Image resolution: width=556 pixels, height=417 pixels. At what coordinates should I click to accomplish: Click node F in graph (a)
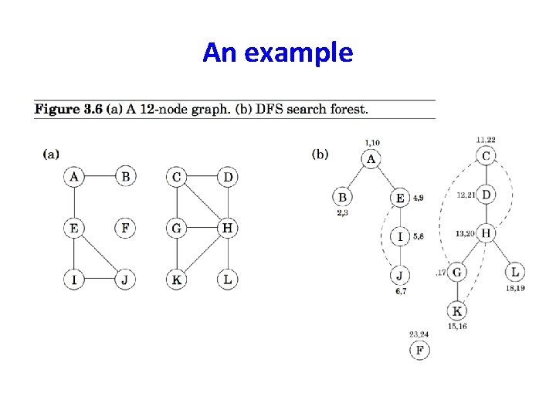(x=125, y=229)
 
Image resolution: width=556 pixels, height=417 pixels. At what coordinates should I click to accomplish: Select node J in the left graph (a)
(x=125, y=280)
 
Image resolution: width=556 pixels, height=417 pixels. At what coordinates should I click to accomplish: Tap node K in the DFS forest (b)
(x=457, y=311)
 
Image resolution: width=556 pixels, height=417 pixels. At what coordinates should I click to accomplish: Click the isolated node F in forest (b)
(x=419, y=351)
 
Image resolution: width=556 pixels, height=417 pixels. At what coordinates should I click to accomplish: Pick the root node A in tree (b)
(x=371, y=159)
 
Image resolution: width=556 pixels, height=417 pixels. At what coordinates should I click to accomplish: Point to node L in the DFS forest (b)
(x=515, y=272)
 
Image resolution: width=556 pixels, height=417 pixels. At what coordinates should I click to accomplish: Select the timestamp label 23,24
(x=419, y=334)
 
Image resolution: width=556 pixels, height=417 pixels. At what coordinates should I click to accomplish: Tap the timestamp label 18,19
(x=515, y=288)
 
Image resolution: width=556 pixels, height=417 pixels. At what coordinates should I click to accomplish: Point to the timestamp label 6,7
(x=400, y=291)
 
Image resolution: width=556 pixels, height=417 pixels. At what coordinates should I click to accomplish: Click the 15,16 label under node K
(x=457, y=326)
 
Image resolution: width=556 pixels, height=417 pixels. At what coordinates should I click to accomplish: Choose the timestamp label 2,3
(x=342, y=212)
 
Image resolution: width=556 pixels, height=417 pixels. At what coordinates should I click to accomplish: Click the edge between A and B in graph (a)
(x=100, y=177)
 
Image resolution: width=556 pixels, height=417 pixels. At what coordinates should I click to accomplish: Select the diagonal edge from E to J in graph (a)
(x=100, y=254)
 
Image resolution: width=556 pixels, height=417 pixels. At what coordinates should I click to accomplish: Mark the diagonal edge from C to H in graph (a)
(x=202, y=203)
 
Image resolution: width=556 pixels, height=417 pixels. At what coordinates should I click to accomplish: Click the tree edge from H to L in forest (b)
(x=500, y=253)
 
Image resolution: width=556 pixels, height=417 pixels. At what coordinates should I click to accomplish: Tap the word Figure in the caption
(x=56, y=108)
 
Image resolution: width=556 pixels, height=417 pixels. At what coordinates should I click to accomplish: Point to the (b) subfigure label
(x=320, y=154)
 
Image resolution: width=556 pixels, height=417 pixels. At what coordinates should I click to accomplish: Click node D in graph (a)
(x=228, y=177)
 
